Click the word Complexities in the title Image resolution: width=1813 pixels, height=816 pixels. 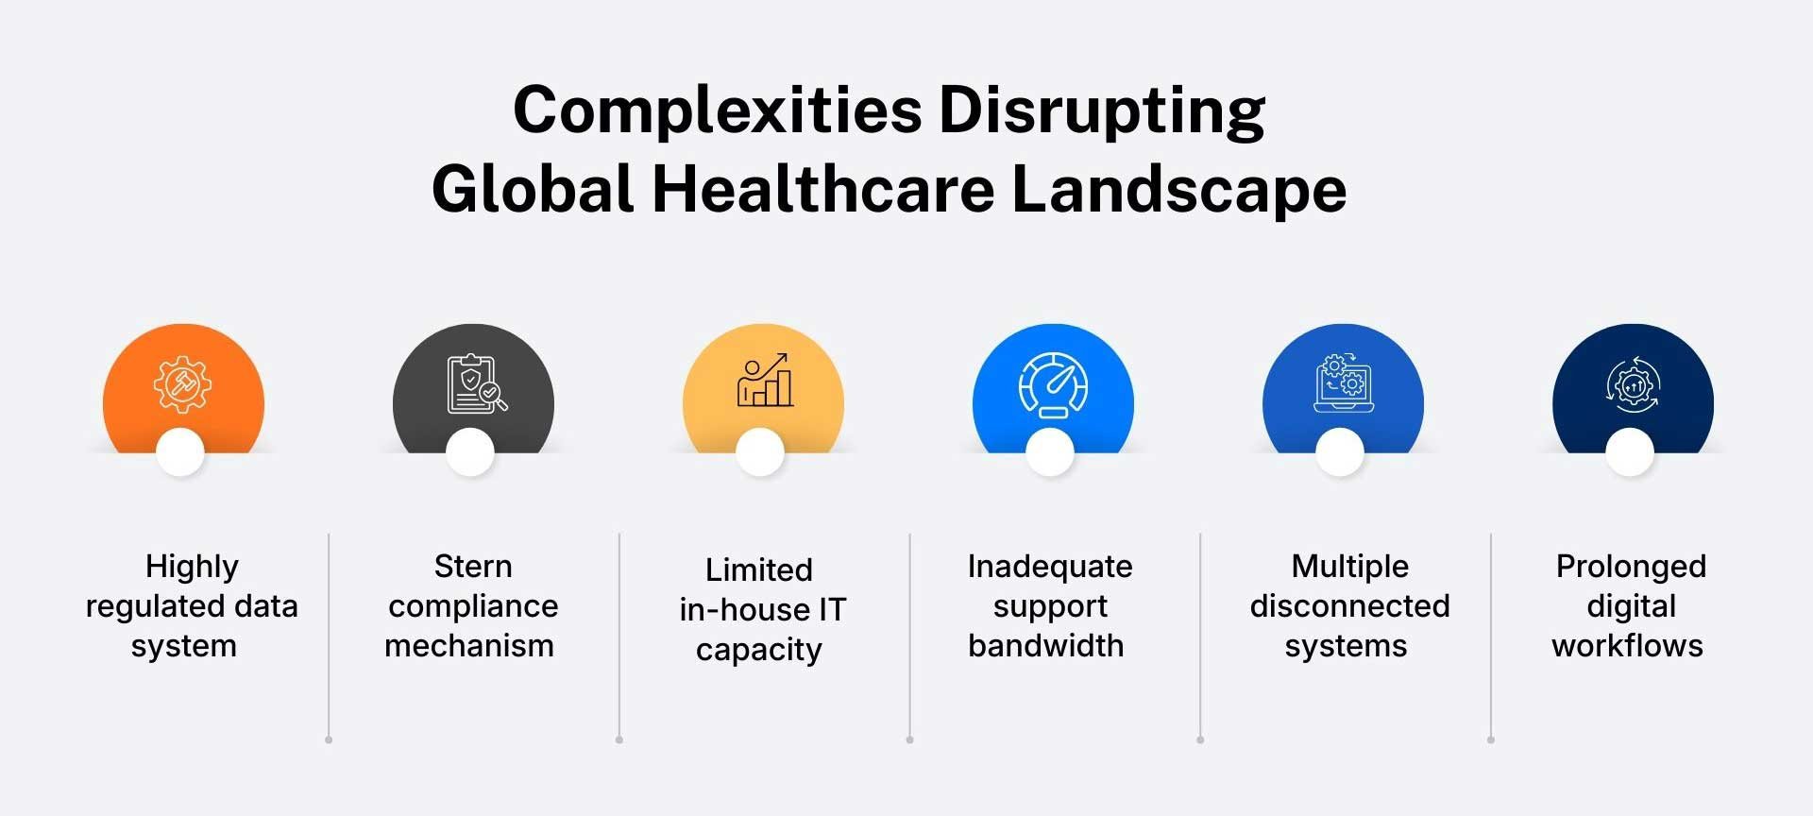[717, 111]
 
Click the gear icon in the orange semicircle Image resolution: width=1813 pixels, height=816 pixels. [182, 384]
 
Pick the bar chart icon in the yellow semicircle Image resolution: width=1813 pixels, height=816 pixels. [765, 381]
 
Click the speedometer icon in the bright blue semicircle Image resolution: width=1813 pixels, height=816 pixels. [1053, 384]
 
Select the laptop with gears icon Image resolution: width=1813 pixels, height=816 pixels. [1343, 383]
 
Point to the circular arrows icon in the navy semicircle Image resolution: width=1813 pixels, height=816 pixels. [1633, 384]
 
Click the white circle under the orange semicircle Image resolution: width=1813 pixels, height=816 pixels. [180, 452]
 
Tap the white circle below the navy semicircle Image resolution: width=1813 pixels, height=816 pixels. [1630, 452]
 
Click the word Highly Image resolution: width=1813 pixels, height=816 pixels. [192, 567]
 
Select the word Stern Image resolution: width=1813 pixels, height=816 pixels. [473, 567]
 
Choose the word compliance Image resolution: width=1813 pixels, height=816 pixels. [473, 606]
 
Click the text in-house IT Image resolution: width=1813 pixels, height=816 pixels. [762, 610]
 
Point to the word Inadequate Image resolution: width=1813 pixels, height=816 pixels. [1050, 567]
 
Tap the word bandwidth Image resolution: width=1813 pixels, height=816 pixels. [1046, 646]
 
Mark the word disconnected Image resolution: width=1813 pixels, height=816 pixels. [1349, 606]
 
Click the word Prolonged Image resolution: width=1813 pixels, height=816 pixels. [1631, 567]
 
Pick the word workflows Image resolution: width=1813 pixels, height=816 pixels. [1627, 646]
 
